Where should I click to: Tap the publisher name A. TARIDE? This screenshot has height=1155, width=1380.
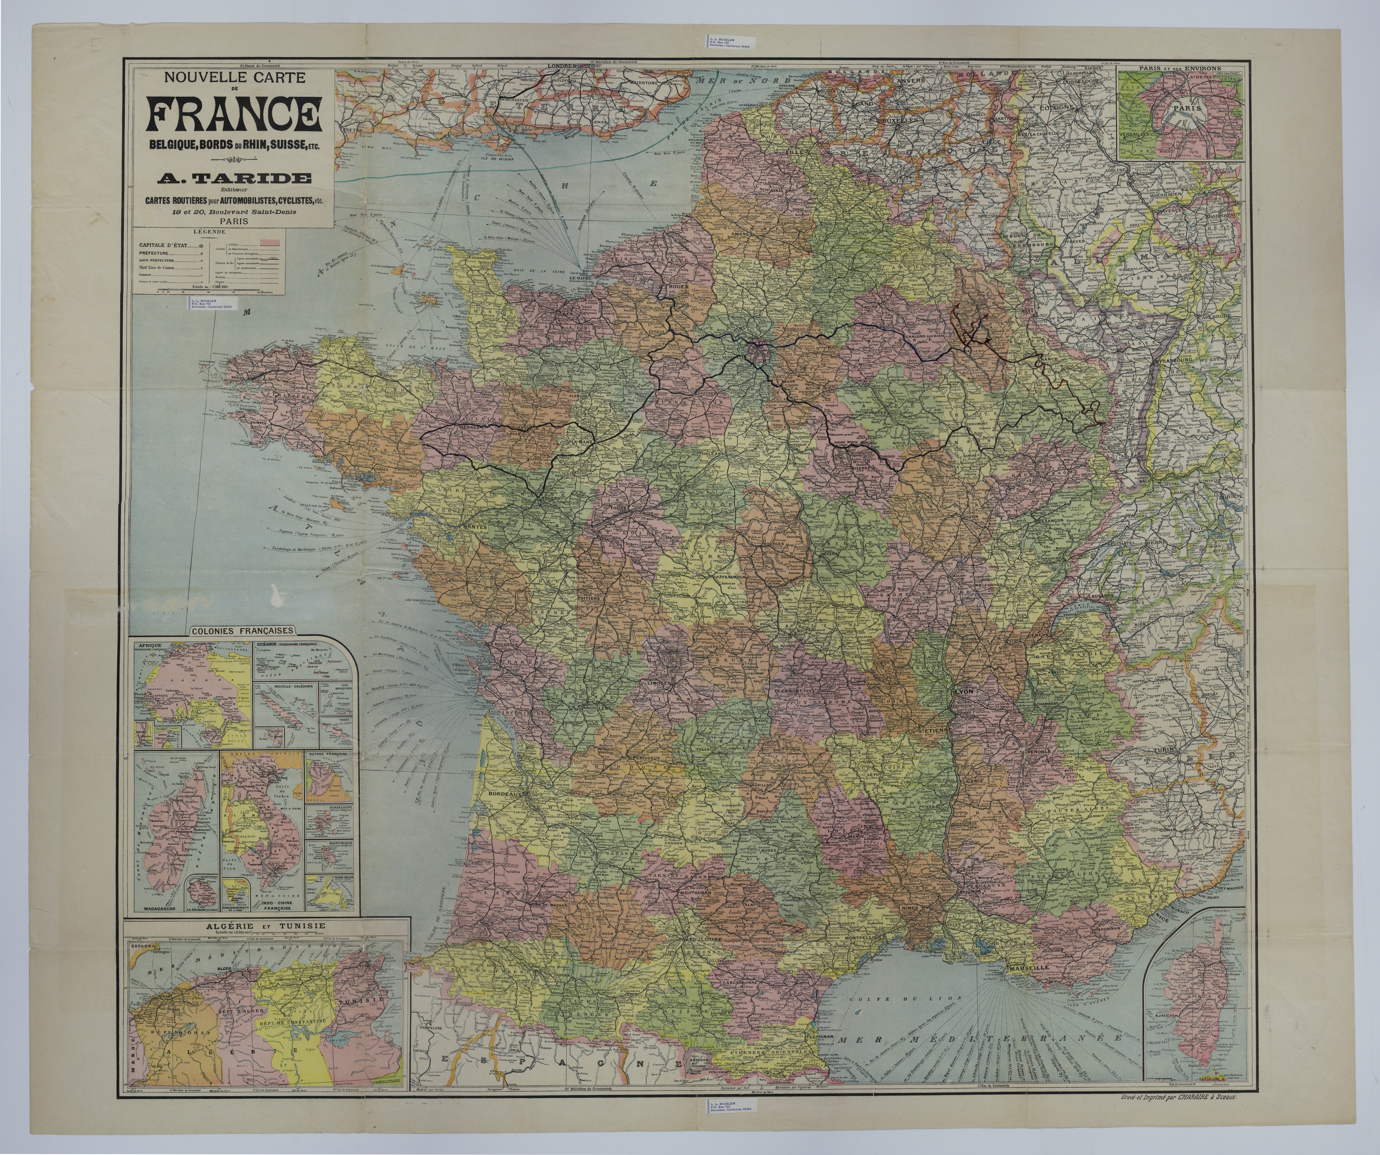tap(234, 178)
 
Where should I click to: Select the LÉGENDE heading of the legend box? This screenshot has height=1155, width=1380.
tap(206, 232)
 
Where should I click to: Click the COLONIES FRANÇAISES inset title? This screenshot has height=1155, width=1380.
tap(242, 631)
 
